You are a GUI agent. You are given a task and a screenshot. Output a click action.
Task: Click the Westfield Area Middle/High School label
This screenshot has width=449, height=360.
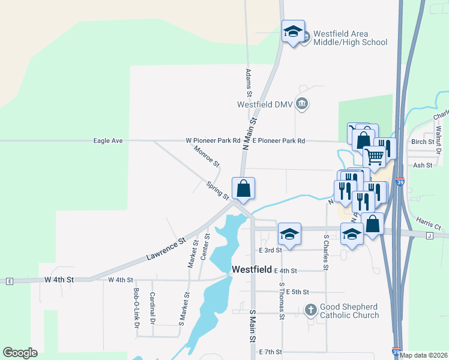click(345, 38)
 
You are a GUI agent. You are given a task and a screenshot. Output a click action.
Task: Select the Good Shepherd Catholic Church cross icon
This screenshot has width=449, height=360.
click(310, 310)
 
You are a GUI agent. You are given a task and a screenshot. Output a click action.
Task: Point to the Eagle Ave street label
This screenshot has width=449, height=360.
click(108, 141)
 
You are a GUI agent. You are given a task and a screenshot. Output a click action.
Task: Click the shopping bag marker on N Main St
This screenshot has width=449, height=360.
click(243, 188)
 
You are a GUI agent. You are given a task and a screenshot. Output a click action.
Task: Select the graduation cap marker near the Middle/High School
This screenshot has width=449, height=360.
click(293, 32)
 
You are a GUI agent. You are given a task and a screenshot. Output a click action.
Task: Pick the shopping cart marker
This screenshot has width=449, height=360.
click(374, 157)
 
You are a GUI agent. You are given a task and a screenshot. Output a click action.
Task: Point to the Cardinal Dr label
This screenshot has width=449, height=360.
click(152, 305)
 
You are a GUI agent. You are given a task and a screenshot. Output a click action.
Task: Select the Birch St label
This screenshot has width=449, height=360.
click(423, 142)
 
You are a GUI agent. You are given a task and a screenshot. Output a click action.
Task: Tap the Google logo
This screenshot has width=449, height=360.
click(20, 353)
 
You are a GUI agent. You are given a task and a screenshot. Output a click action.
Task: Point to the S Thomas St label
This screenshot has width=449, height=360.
click(281, 301)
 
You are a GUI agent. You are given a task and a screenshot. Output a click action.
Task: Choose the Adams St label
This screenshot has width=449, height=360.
click(249, 82)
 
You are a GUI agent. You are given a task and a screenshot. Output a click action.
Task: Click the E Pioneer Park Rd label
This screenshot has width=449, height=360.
click(279, 141)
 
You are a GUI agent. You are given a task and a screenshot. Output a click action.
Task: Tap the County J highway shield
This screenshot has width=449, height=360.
click(429, 236)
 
